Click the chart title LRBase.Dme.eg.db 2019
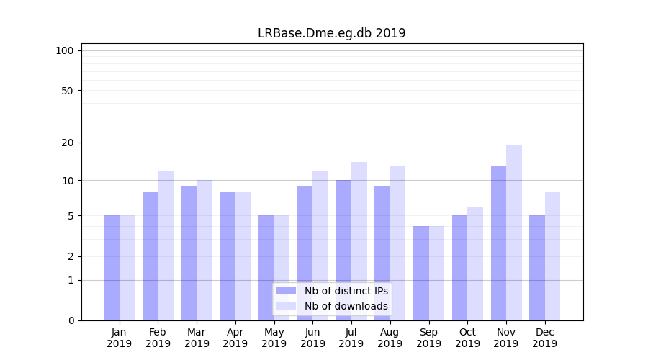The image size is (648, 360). pyautogui.click(x=331, y=33)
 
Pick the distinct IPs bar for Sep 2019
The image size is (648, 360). pyautogui.click(x=421, y=273)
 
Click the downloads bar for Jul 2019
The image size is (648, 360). pyautogui.click(x=359, y=241)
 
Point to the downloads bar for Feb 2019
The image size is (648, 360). pyautogui.click(x=166, y=246)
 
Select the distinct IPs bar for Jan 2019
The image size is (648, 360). pyautogui.click(x=112, y=268)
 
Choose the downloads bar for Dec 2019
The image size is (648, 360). pyautogui.click(x=552, y=256)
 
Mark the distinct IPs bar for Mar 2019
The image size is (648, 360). pyautogui.click(x=189, y=253)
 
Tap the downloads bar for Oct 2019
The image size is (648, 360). pyautogui.click(x=475, y=264)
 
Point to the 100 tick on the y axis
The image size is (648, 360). pyautogui.click(x=65, y=50)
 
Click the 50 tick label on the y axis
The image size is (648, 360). pyautogui.click(x=67, y=91)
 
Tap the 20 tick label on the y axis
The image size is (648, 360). pyautogui.click(x=67, y=143)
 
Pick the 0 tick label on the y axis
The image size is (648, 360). pyautogui.click(x=71, y=320)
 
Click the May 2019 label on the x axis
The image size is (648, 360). pyautogui.click(x=274, y=338)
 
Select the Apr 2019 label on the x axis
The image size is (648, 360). pyautogui.click(x=235, y=338)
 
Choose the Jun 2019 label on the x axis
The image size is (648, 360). pyautogui.click(x=312, y=338)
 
